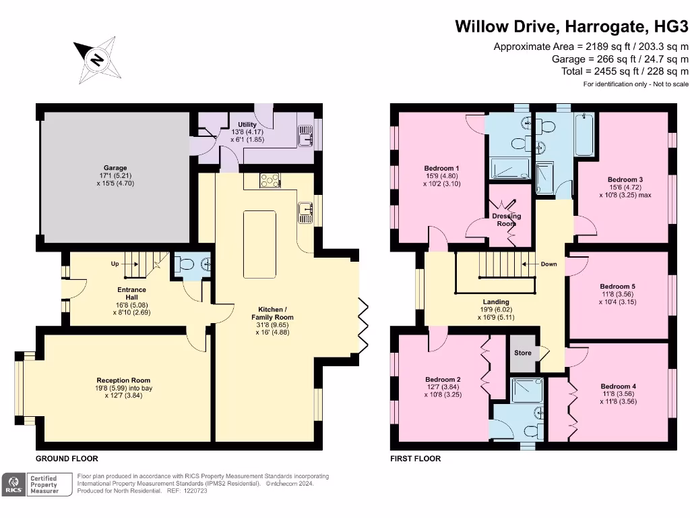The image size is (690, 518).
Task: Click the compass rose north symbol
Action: tap(97, 60)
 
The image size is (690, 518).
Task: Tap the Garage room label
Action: tap(115, 168)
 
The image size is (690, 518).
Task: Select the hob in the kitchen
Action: tap(270, 180)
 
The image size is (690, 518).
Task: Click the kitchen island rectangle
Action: tap(259, 244)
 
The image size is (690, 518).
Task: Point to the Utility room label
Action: tap(247, 125)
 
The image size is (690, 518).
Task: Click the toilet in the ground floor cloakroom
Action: tap(185, 264)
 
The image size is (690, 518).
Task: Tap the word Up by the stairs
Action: tap(115, 264)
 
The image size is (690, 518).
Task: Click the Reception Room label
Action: tap(124, 380)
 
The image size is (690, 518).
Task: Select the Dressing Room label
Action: tap(507, 220)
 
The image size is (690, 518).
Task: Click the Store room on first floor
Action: tap(523, 353)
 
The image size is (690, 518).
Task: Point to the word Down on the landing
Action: tap(548, 264)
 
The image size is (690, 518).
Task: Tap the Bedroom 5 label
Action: tap(617, 286)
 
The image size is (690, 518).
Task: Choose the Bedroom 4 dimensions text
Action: tap(619, 398)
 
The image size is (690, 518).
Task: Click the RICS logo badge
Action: tap(13, 484)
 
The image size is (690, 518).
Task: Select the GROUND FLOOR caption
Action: tap(67, 459)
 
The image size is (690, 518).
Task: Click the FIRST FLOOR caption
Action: tap(415, 459)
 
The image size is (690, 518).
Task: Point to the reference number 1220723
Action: tap(195, 491)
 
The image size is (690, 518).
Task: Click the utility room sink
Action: tap(305, 136)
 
